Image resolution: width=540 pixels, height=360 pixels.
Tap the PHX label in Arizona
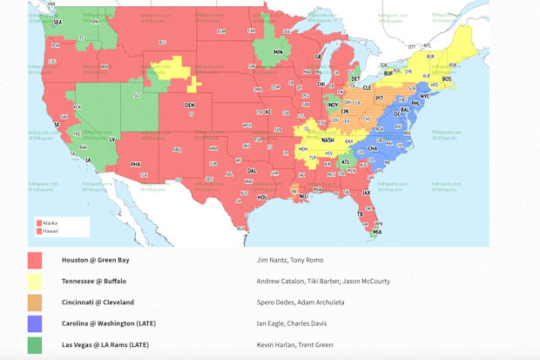point(136,164)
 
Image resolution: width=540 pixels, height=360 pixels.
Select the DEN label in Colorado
point(189,105)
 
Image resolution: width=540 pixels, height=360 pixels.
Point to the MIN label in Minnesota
point(279,52)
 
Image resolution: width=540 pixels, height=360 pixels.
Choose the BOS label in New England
point(447,79)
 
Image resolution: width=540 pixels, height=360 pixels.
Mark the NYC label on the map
point(425,97)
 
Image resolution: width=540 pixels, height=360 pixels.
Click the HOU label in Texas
point(262,198)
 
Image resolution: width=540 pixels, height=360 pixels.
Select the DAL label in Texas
point(252,171)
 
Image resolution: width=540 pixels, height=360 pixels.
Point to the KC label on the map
point(269,112)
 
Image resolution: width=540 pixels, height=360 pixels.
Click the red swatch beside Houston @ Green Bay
point(35,261)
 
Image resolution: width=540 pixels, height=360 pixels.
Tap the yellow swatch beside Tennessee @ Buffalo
point(35,282)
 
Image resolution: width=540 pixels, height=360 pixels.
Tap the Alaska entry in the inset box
point(50,222)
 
